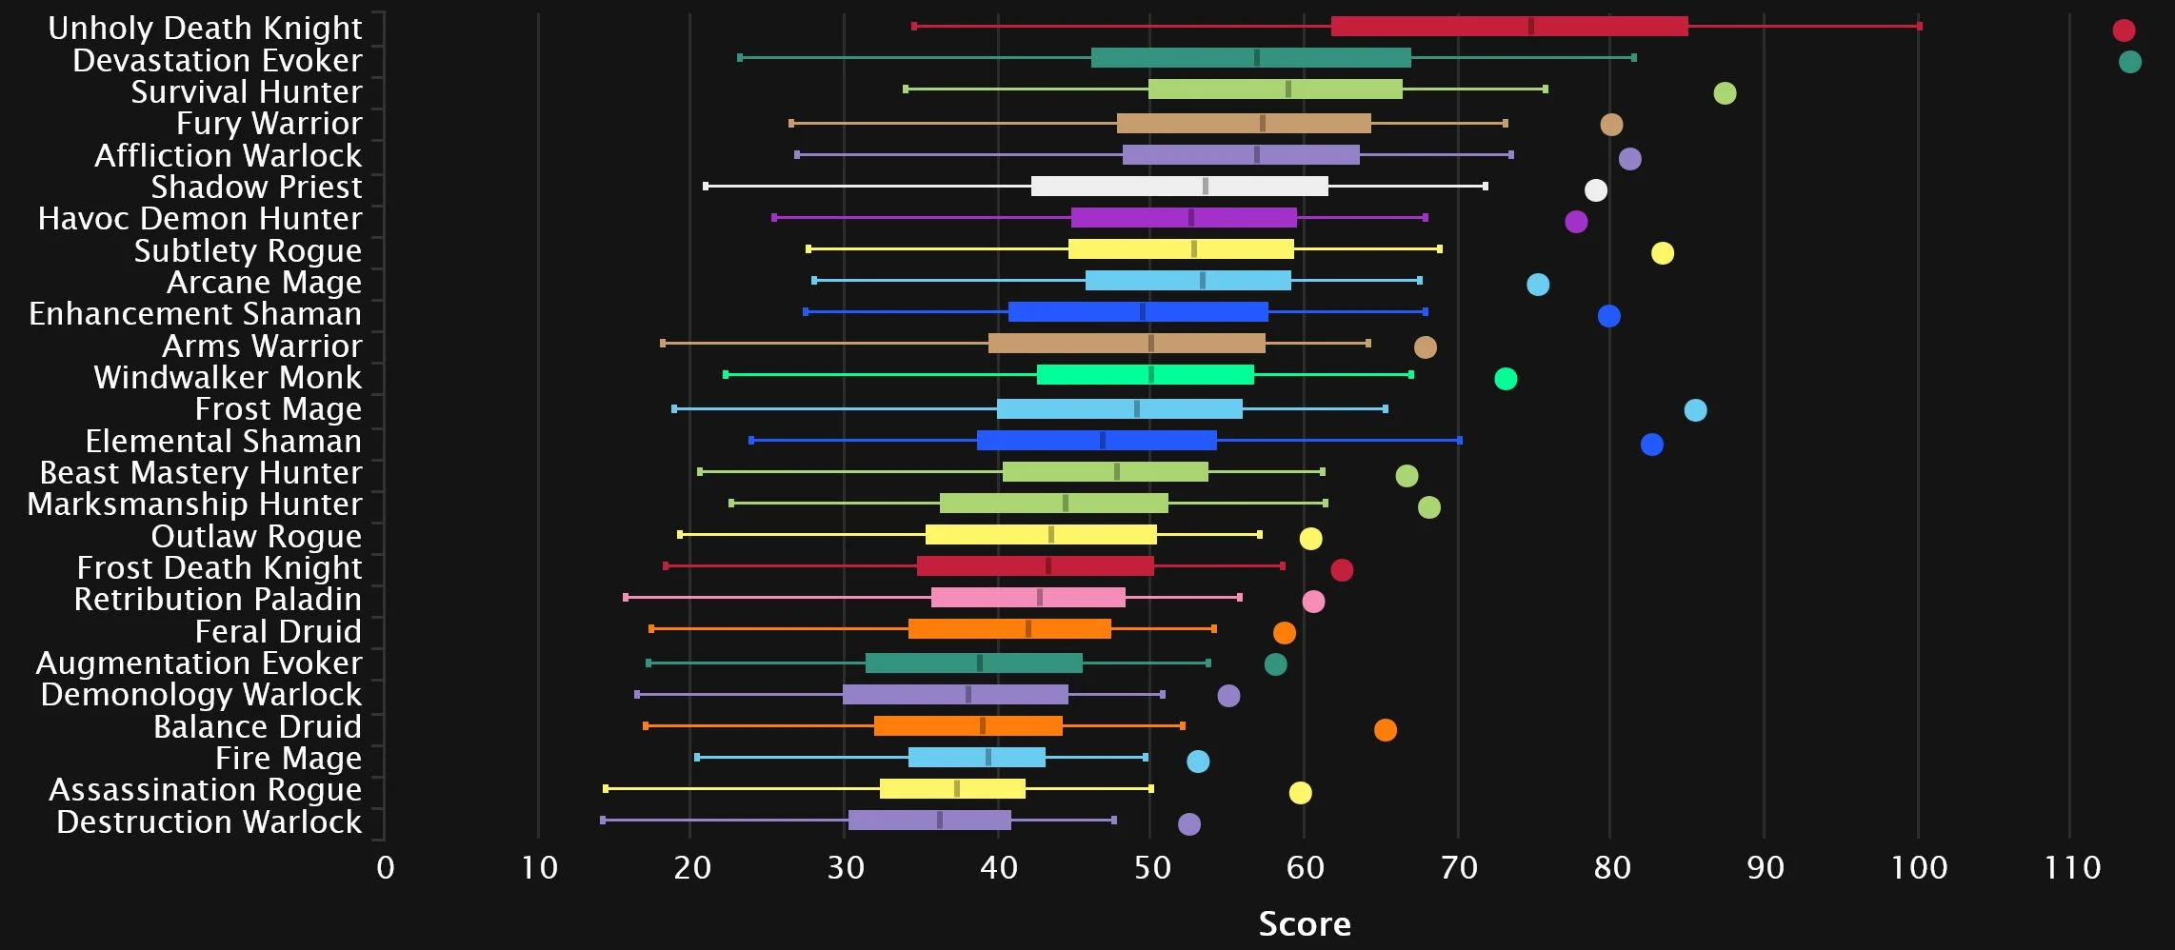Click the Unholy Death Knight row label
(x=205, y=29)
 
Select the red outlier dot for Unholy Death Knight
(x=2123, y=30)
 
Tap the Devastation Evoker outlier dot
(x=2129, y=62)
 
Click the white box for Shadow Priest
(x=1179, y=187)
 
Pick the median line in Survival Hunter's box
(x=1287, y=89)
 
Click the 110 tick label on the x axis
(x=2072, y=867)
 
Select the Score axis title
(x=1304, y=923)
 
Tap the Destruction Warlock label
(x=209, y=821)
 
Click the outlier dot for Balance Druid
(x=1385, y=730)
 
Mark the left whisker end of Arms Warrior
(x=663, y=344)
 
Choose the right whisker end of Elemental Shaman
(x=1459, y=440)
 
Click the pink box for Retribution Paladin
(x=1028, y=598)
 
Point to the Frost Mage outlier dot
(x=1694, y=410)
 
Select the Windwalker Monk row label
(x=228, y=378)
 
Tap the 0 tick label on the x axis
(x=385, y=867)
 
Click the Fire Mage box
(x=976, y=758)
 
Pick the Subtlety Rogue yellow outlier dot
(x=1662, y=253)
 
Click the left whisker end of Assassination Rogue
(x=606, y=788)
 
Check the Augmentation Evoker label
(x=199, y=663)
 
